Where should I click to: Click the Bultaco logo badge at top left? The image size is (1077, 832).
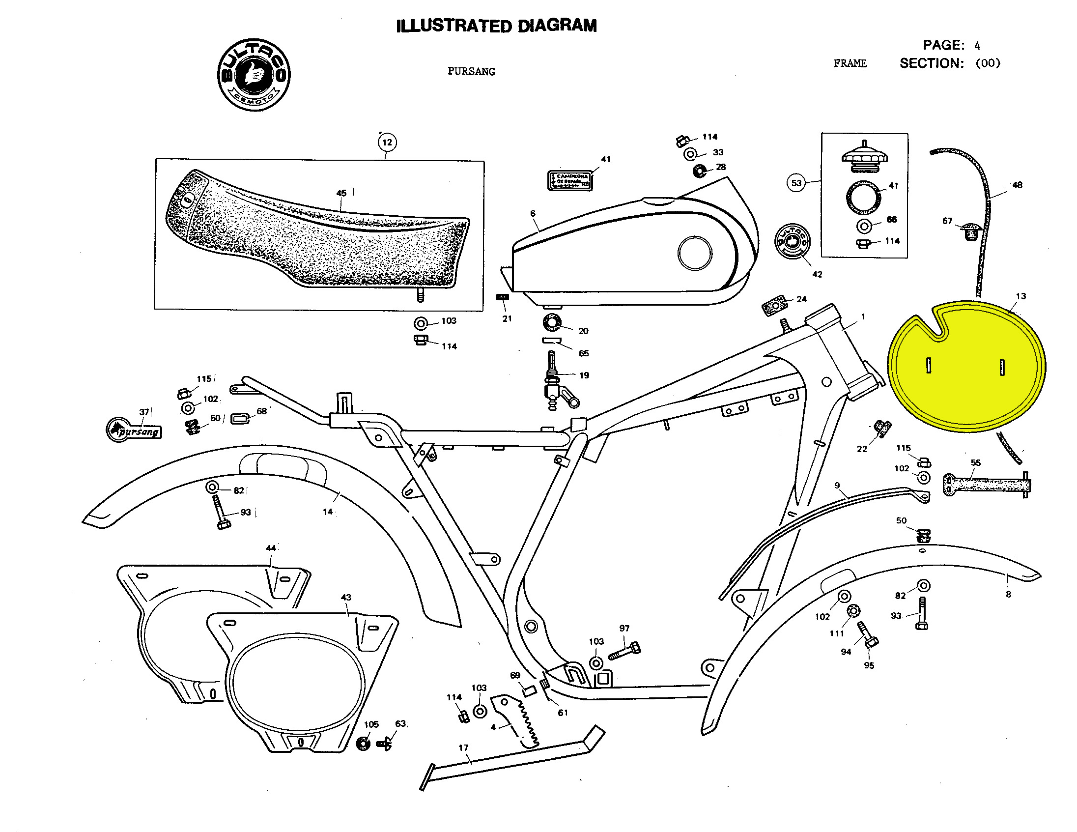click(254, 75)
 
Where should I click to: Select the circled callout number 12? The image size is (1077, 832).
click(387, 143)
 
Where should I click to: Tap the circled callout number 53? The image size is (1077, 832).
click(796, 183)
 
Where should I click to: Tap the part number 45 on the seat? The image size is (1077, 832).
click(341, 193)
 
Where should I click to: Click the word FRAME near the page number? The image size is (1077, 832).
click(850, 63)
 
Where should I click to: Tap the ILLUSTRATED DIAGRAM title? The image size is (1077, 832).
click(496, 26)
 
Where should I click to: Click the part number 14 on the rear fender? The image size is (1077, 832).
click(327, 512)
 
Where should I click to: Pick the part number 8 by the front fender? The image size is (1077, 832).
click(1008, 594)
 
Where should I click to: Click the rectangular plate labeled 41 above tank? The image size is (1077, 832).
click(569, 180)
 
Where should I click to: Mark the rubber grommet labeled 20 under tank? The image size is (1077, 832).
click(552, 323)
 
